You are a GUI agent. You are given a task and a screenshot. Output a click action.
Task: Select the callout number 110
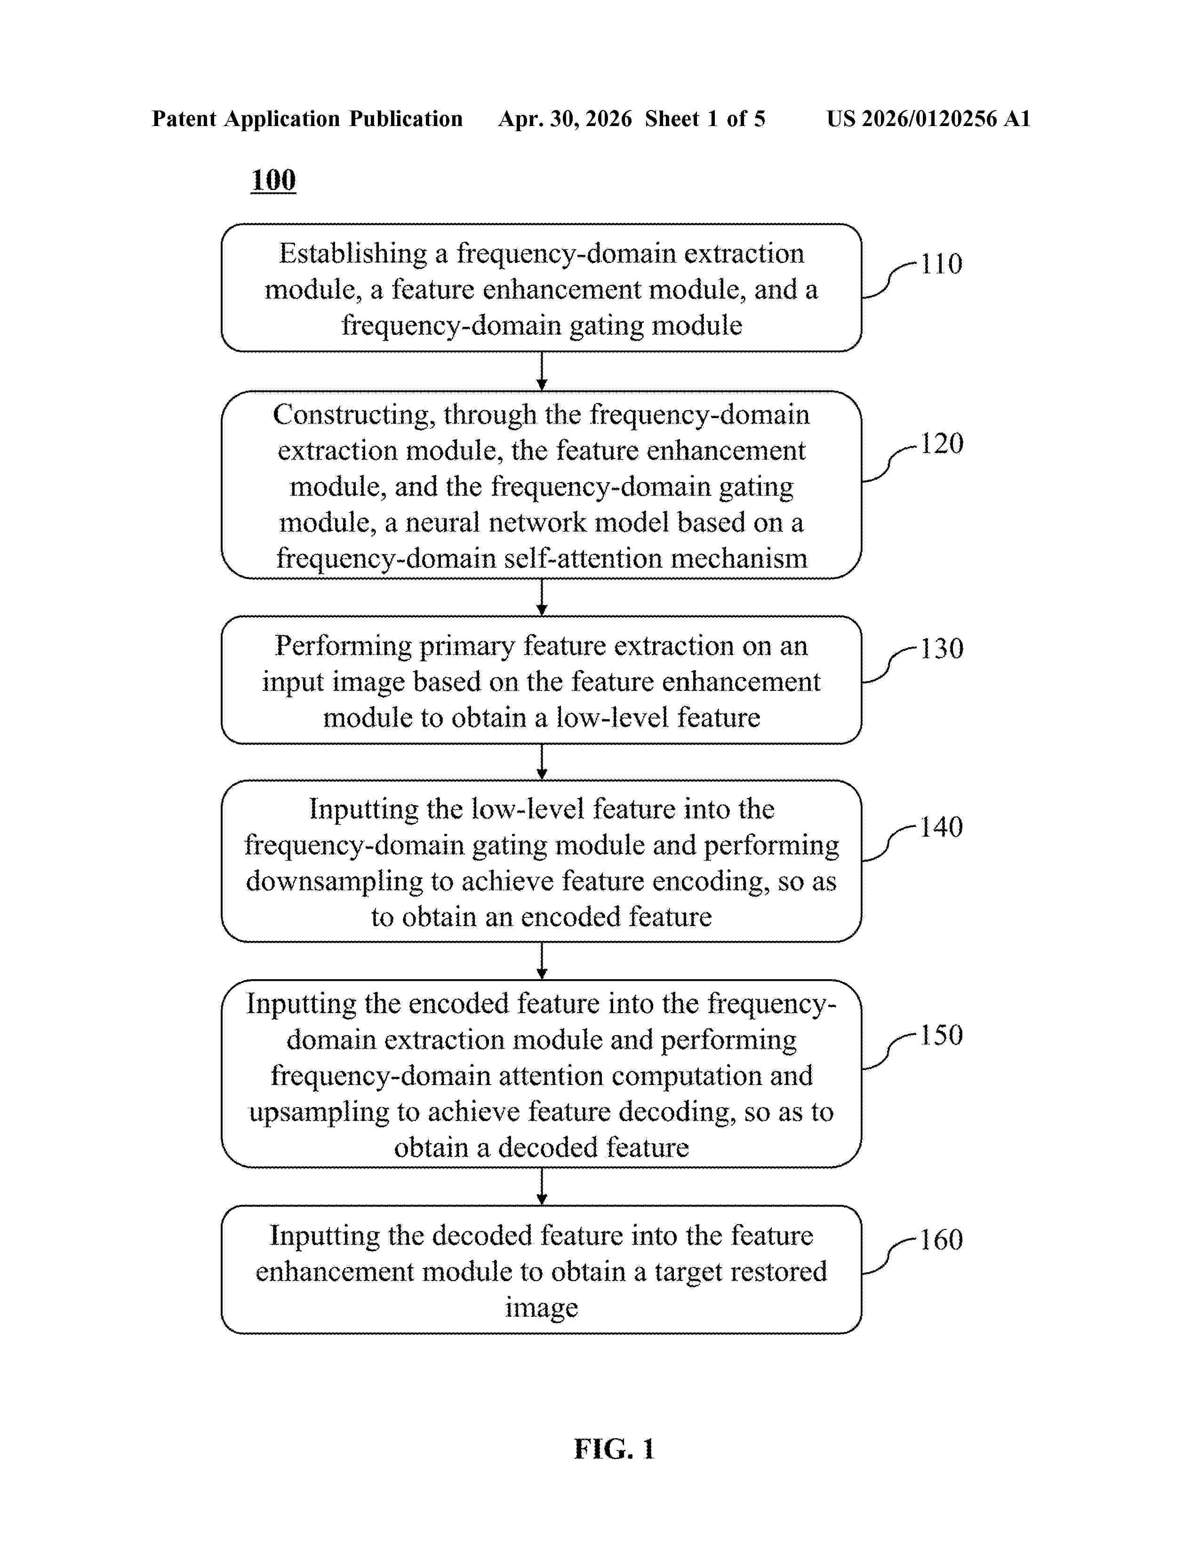(941, 264)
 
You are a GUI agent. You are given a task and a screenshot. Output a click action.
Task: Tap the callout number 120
(942, 443)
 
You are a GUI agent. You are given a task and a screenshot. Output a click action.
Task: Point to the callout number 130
(942, 648)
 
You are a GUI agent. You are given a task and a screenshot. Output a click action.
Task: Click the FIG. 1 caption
(614, 1449)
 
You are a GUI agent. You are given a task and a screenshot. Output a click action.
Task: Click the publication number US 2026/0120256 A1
(928, 119)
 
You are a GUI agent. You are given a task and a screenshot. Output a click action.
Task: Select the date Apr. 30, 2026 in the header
(565, 119)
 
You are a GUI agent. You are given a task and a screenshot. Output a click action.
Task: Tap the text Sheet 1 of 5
(705, 119)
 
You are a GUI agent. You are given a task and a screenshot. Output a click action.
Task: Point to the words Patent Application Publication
(307, 119)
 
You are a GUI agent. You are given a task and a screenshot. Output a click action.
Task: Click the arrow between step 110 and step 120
(542, 371)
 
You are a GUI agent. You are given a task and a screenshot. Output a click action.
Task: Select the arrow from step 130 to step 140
(542, 762)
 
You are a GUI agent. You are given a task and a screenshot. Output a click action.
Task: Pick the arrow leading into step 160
(542, 1187)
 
